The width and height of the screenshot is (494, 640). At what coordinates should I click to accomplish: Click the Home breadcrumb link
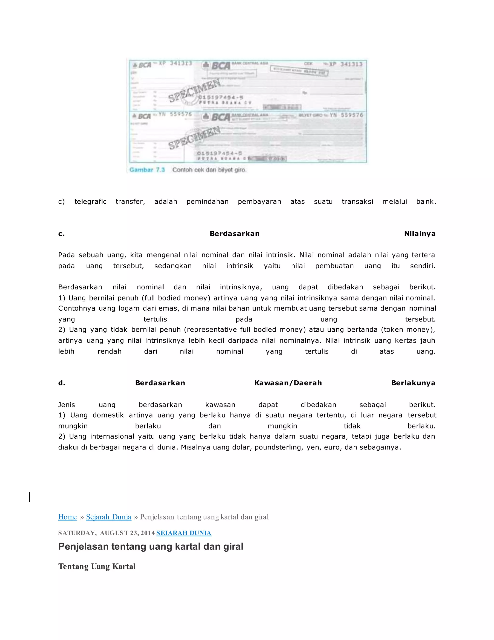(x=67, y=517)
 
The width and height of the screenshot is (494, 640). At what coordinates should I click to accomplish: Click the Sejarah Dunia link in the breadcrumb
(x=109, y=517)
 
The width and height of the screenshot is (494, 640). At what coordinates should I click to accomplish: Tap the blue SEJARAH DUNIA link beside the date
(x=184, y=533)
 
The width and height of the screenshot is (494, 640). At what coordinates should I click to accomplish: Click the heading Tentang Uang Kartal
(x=97, y=566)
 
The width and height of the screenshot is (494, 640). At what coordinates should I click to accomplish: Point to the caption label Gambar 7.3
(x=147, y=170)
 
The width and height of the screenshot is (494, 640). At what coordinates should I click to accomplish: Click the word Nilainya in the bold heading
(x=420, y=234)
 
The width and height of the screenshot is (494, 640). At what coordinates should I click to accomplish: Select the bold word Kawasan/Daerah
(x=288, y=383)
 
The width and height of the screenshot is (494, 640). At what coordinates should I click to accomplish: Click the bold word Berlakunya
(x=413, y=383)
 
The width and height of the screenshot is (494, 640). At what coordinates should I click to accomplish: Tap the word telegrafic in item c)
(x=90, y=202)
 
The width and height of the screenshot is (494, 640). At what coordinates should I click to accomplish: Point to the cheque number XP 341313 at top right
(x=346, y=64)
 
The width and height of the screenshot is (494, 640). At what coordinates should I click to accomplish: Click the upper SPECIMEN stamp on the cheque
(x=195, y=91)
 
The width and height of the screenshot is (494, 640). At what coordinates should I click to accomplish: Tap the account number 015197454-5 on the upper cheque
(x=221, y=97)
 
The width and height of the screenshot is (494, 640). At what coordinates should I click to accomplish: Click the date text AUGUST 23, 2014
(x=127, y=533)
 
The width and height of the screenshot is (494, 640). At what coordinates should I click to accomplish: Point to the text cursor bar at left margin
(x=30, y=497)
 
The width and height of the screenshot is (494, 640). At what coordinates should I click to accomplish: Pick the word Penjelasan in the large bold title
(x=83, y=547)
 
